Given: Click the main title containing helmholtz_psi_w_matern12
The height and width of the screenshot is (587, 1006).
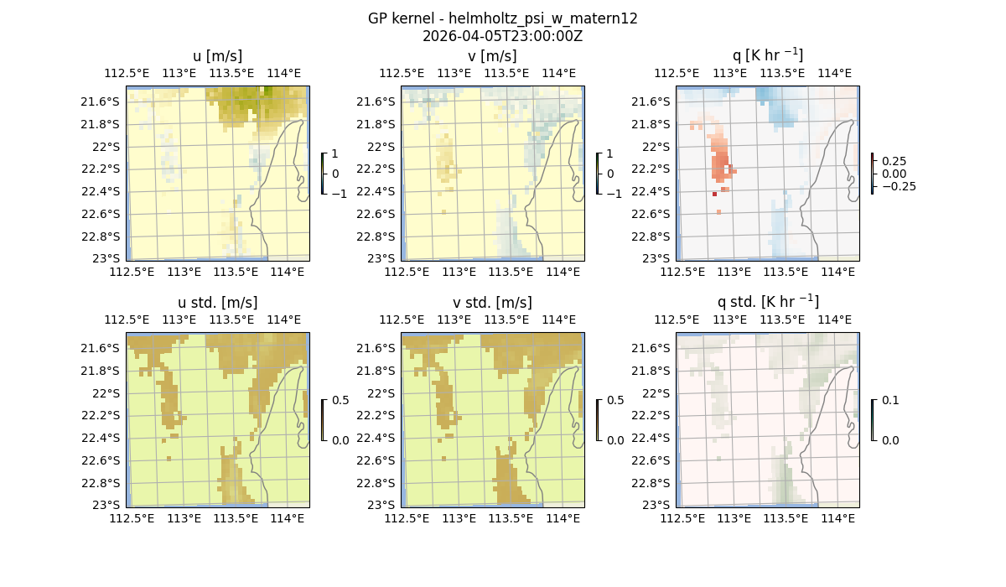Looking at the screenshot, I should pyautogui.click(x=502, y=18).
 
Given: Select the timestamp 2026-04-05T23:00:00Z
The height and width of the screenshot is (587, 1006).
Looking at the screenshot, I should pyautogui.click(x=502, y=36).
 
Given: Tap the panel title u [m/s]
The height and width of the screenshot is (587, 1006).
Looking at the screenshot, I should pyautogui.click(x=217, y=56).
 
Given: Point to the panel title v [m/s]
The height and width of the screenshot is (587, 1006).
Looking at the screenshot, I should pyautogui.click(x=492, y=56).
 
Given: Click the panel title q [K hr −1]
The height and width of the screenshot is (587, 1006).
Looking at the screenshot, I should pyautogui.click(x=767, y=55).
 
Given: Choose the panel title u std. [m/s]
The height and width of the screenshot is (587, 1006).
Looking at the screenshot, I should pyautogui.click(x=217, y=303).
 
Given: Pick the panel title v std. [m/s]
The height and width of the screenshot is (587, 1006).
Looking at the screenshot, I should pyautogui.click(x=492, y=303).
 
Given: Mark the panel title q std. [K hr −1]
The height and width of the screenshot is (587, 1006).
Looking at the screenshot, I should pyautogui.click(x=767, y=302).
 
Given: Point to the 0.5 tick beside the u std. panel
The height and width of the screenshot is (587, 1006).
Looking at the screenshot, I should pyautogui.click(x=341, y=400).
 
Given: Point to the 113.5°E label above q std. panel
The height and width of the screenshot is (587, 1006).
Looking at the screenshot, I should pyautogui.click(x=781, y=319).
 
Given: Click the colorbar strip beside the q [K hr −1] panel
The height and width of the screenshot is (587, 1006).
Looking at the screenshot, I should pyautogui.click(x=873, y=174).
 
